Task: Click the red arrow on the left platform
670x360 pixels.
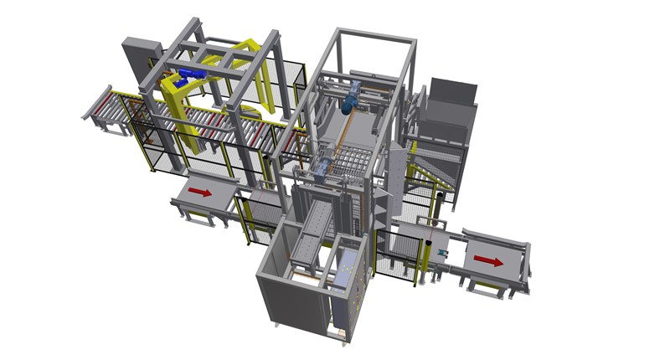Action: [x=199, y=192]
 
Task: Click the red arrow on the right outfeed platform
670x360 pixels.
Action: [x=488, y=261]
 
